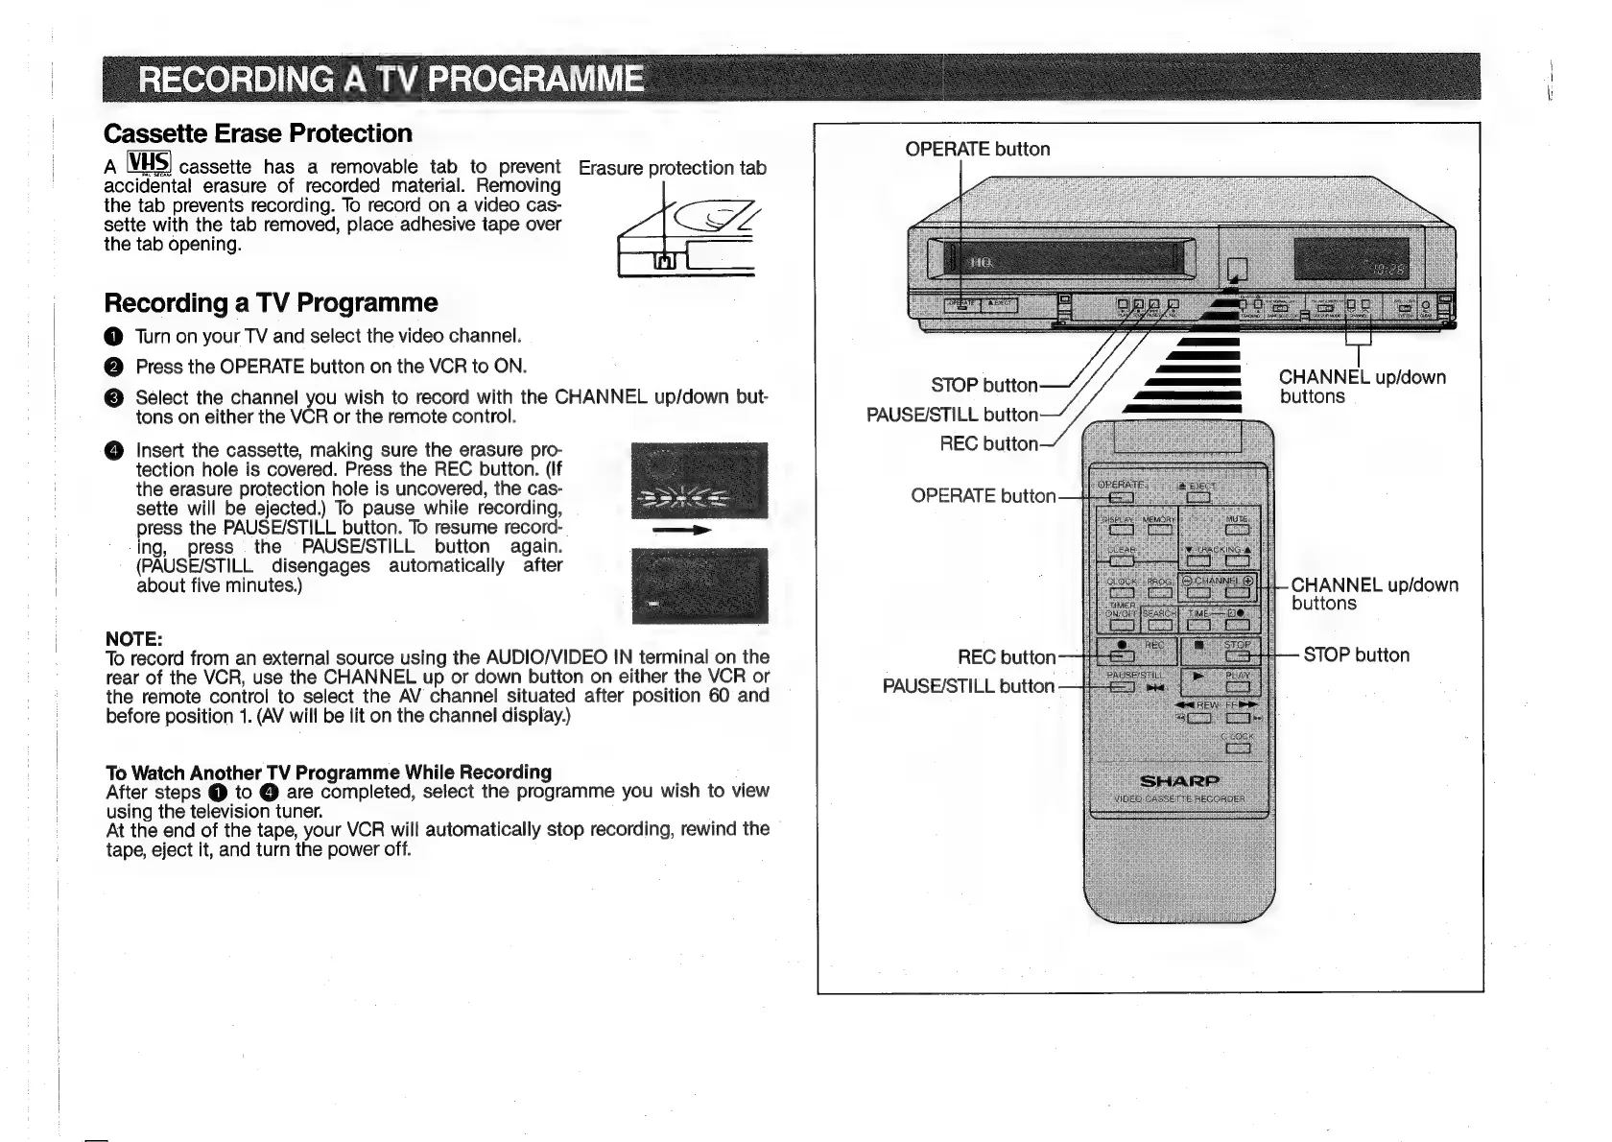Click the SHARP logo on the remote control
pos(1179,780)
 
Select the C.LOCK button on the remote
pos(1237,749)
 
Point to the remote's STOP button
pos(1237,656)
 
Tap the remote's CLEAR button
pos(1121,560)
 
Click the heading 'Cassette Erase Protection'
pos(258,133)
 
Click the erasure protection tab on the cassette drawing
pos(664,261)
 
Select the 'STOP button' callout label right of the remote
pos(1356,655)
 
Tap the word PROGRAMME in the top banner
pos(536,79)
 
